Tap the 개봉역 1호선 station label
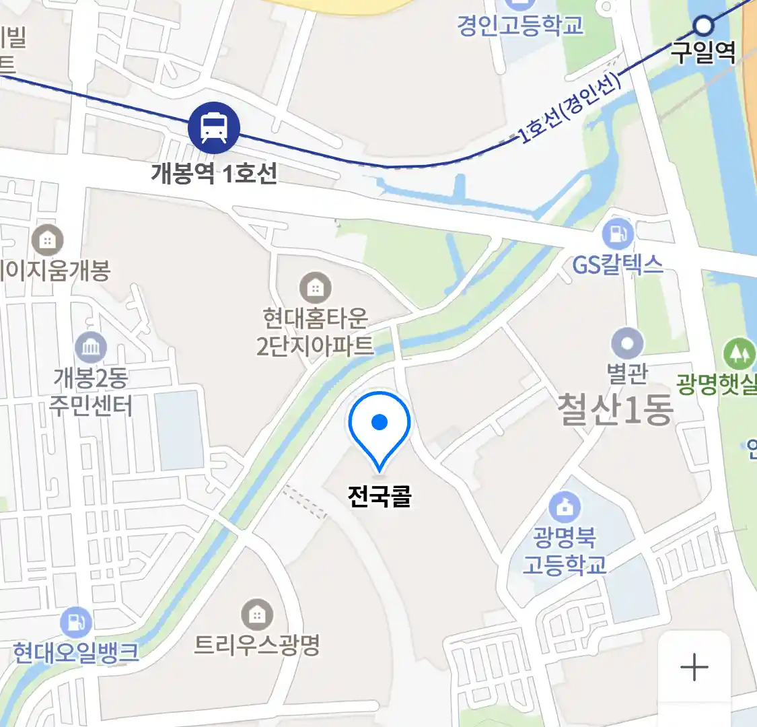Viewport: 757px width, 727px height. (x=214, y=174)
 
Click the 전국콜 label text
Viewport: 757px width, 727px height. (x=380, y=496)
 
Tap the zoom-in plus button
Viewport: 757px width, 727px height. (x=694, y=668)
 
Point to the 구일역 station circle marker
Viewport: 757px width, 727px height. (x=704, y=26)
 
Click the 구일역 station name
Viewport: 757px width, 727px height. (x=704, y=53)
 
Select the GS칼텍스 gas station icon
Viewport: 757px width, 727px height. (x=618, y=234)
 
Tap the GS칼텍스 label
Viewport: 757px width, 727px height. (x=618, y=265)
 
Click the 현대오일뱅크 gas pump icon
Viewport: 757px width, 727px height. (x=76, y=623)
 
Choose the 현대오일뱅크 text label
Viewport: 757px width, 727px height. (x=76, y=652)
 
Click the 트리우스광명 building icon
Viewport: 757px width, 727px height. (x=256, y=615)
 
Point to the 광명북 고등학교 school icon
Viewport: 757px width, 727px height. (x=564, y=506)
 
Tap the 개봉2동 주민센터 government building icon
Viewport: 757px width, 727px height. (x=91, y=347)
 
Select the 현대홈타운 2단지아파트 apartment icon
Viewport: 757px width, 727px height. (x=315, y=288)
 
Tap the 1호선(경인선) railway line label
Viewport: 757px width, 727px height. (x=569, y=110)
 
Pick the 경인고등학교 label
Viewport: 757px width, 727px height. (x=520, y=26)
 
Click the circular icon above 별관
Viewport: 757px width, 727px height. (x=627, y=344)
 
